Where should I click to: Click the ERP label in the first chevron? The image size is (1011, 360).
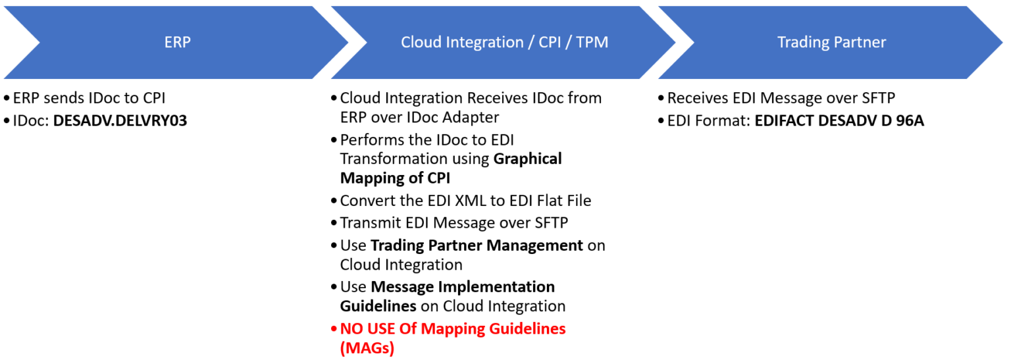pyautogui.click(x=177, y=42)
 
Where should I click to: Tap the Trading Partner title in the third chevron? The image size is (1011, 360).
pyautogui.click(x=831, y=42)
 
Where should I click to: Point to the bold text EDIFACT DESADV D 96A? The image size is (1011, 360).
pyautogui.click(x=839, y=120)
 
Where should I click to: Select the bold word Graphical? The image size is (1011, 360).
pyautogui.click(x=527, y=159)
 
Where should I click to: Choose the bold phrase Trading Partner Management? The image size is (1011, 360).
pyautogui.click(x=477, y=245)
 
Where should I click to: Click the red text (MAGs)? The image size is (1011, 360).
pyautogui.click(x=367, y=348)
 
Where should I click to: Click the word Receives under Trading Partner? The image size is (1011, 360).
pyautogui.click(x=698, y=98)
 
